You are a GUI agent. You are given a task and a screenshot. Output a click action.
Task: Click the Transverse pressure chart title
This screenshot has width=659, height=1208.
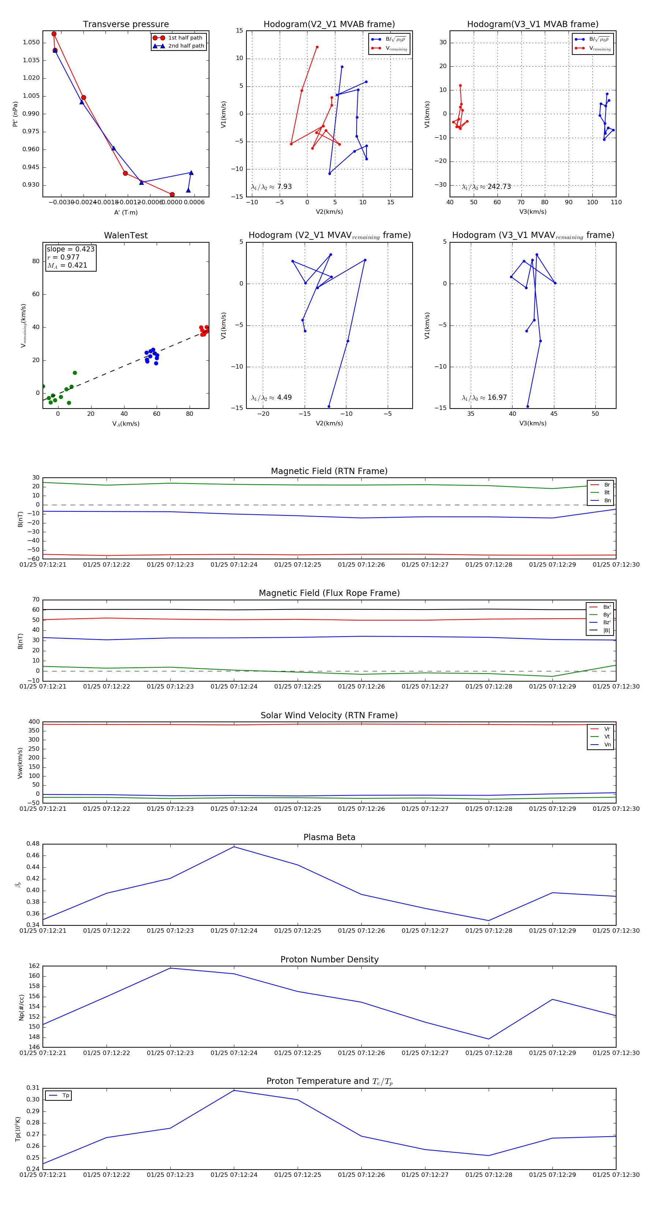pos(126,25)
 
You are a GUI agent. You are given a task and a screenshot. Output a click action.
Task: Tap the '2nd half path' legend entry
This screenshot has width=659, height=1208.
pos(186,46)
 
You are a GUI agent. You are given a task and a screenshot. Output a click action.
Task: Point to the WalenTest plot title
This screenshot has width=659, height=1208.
pos(126,235)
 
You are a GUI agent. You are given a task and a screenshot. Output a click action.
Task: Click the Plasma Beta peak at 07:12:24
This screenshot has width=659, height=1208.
pos(234,846)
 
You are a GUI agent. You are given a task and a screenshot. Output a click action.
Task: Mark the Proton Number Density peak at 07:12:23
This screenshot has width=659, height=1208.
pos(170,968)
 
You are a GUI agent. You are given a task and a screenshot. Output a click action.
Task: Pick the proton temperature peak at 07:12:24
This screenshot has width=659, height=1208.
pos(234,1090)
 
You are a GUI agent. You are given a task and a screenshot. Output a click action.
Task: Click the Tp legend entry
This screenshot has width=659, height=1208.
pos(65,1096)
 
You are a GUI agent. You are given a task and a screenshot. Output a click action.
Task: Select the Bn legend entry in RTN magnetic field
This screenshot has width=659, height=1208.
pos(607,500)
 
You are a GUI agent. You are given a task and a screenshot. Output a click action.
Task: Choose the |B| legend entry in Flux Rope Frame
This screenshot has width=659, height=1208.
pos(607,630)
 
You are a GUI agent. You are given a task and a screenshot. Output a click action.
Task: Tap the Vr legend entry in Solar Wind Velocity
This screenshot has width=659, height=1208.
pos(607,729)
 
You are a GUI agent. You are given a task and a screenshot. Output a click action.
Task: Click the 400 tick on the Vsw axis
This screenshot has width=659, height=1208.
pos(34,722)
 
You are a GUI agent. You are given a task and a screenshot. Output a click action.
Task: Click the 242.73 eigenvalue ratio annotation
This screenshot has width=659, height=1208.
pos(499,187)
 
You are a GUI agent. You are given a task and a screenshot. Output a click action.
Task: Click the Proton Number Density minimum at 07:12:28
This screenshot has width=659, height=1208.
pos(489,1039)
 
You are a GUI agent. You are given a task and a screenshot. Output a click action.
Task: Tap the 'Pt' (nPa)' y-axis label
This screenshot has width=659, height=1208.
pos(15,114)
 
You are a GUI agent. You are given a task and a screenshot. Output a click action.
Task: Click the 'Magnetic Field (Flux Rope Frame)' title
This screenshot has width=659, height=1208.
pos(329,593)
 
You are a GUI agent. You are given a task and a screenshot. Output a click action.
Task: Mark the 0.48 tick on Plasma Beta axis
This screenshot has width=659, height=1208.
pos(33,844)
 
